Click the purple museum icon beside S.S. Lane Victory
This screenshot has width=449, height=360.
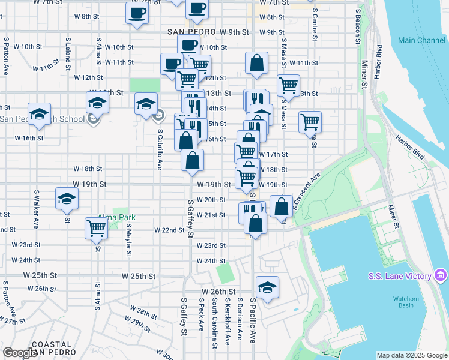pos(441,275)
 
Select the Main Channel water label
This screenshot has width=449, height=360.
pos(421,41)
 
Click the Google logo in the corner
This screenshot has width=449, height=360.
pos(20,353)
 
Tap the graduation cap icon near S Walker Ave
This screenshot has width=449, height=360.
pos(67,199)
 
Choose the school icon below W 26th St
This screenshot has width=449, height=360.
pos(268,287)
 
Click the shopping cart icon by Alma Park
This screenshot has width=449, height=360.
pos(97,229)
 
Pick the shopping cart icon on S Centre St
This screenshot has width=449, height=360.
pos(310,122)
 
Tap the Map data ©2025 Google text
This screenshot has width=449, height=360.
pos(411,355)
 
